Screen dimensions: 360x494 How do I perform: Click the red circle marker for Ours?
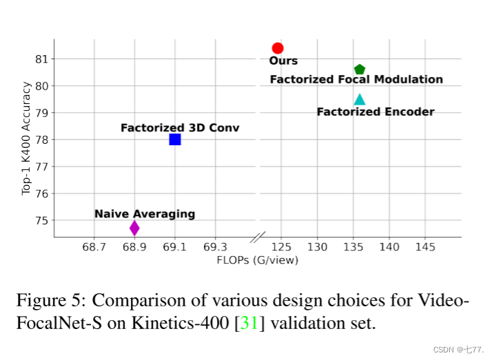[x=278, y=47]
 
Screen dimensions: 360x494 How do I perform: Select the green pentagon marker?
[x=359, y=70]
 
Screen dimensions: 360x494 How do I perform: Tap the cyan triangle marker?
[x=359, y=100]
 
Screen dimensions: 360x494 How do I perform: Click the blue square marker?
[x=175, y=139]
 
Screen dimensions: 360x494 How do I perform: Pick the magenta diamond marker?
[x=134, y=227]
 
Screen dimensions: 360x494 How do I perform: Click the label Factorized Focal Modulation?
[x=356, y=80]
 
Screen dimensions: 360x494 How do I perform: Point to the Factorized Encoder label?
[x=375, y=112]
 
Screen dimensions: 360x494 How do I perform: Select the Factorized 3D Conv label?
[x=180, y=128]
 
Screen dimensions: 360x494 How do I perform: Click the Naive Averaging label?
[x=145, y=214]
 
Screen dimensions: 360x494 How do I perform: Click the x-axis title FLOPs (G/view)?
[x=258, y=260]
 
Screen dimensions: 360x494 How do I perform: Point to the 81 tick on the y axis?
[x=43, y=59]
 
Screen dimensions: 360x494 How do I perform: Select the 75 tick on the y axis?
[x=43, y=220]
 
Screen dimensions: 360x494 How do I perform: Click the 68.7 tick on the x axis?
[x=94, y=246]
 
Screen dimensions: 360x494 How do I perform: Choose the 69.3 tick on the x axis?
[x=215, y=246]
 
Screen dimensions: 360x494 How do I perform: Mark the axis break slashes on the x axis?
[x=258, y=237]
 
